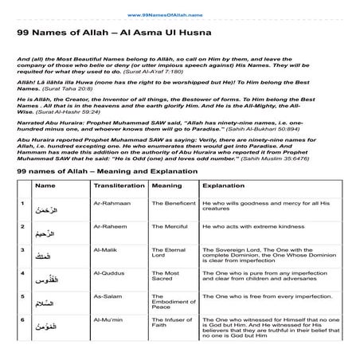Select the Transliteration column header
(x=119, y=186)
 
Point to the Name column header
(x=46, y=186)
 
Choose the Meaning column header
(x=166, y=186)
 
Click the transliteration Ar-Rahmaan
(x=110, y=205)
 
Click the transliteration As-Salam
(x=107, y=295)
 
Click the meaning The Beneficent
(x=174, y=205)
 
